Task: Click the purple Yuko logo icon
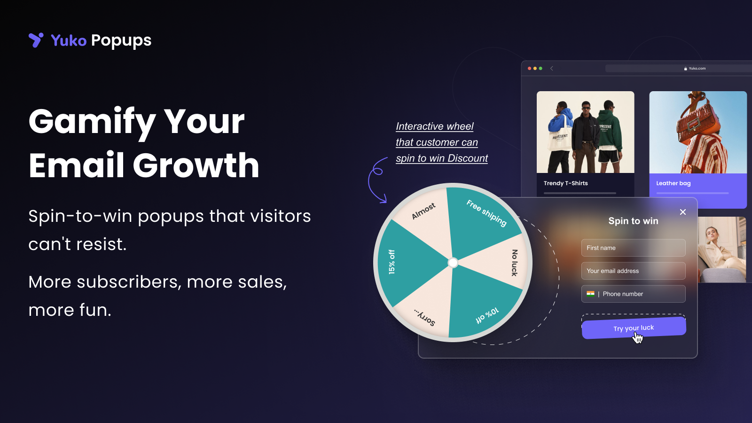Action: pos(36,40)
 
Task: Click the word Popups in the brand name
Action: pos(121,41)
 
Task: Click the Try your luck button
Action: pos(634,328)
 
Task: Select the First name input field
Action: pos(633,248)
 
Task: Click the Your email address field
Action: pos(633,271)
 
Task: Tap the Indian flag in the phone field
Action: pos(590,294)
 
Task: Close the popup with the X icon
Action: pos(683,212)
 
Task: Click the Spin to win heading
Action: pos(633,221)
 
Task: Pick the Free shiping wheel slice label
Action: pos(486,212)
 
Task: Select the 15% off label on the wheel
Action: pos(392,262)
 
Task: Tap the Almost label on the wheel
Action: pos(423,211)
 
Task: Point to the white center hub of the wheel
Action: pos(453,263)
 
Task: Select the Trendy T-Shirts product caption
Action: pos(565,183)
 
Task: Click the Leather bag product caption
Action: pos(673,183)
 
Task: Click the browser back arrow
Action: pos(552,69)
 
